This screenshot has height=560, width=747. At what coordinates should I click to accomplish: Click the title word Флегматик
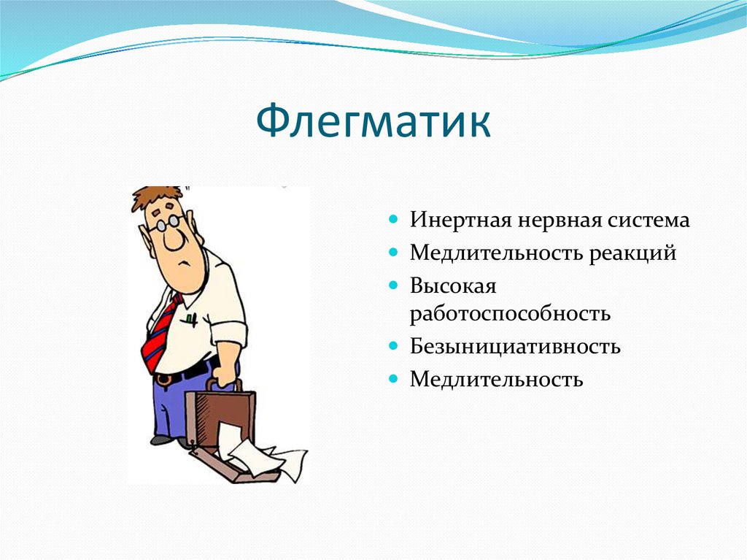tap(373, 120)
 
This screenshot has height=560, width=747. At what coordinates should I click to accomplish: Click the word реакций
tap(632, 253)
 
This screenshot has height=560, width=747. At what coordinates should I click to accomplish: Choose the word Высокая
tap(453, 286)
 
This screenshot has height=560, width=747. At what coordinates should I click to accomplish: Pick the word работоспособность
tap(510, 314)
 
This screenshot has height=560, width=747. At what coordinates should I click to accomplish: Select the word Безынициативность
tap(515, 346)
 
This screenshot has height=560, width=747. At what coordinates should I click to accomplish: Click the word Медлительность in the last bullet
tap(496, 379)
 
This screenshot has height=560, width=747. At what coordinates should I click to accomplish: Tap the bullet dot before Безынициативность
tap(393, 345)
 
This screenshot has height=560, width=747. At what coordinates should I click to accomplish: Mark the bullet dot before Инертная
tap(393, 220)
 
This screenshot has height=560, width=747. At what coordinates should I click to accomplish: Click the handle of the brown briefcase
tap(223, 384)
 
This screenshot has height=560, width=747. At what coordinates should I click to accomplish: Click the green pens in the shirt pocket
tap(192, 319)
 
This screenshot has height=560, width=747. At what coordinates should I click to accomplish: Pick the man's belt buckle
tap(163, 379)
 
